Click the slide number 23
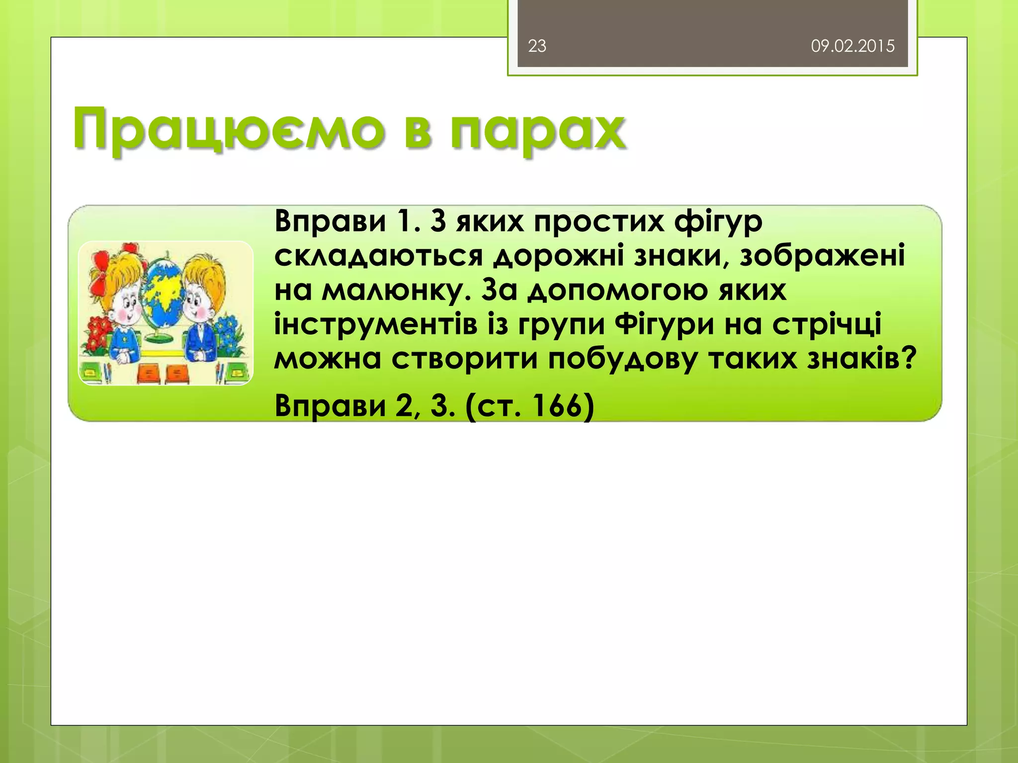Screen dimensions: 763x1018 click(x=537, y=46)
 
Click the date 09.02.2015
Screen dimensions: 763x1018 click(x=852, y=46)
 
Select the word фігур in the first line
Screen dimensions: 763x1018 click(x=718, y=222)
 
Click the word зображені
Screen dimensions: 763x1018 click(x=822, y=256)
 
